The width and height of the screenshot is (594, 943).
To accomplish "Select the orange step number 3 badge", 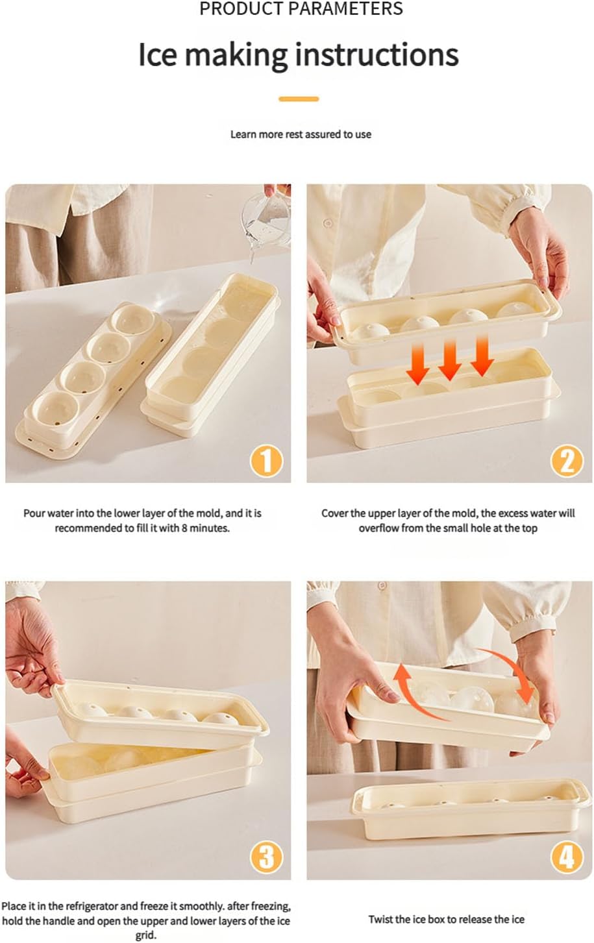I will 266,857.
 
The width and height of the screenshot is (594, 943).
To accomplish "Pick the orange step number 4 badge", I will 567,857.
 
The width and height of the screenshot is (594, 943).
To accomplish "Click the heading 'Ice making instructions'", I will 298,55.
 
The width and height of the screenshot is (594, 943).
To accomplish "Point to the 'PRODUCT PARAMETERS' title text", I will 301,9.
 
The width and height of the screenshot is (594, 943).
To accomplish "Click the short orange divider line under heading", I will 299,99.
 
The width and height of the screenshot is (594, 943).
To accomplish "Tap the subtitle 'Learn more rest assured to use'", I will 301,134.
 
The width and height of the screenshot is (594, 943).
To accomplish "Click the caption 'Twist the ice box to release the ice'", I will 446,919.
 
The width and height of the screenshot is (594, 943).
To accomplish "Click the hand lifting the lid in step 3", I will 26,649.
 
